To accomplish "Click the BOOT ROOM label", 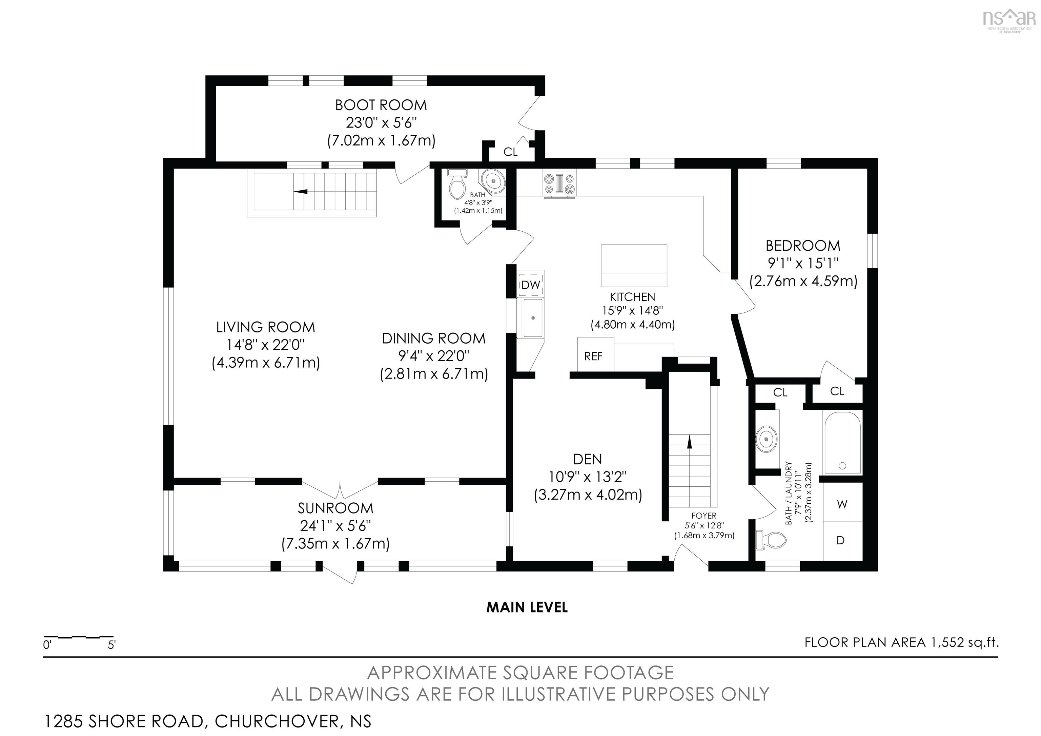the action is pos(381,105).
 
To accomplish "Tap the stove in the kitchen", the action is pos(559,185).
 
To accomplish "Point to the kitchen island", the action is pos(634,266).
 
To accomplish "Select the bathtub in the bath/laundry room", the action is pos(842,442).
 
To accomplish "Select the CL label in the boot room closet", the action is pos(511,152).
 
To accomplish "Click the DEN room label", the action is pos(588,459).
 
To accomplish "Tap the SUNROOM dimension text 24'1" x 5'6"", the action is pos(335,525).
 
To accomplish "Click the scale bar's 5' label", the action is pos(111,645).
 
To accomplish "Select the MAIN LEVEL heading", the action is pos(527,607).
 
